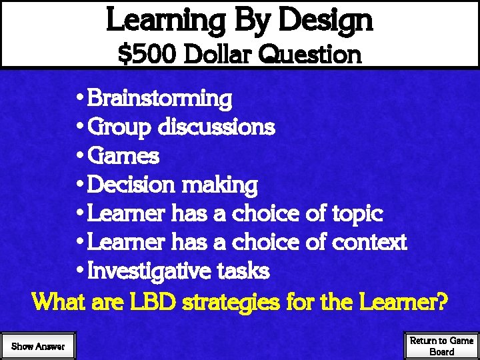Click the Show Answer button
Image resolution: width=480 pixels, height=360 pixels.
(38, 346)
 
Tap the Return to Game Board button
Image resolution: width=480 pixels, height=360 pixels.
(441, 346)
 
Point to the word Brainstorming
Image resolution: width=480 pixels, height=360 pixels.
(159, 99)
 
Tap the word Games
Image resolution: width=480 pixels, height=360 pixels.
(123, 156)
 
